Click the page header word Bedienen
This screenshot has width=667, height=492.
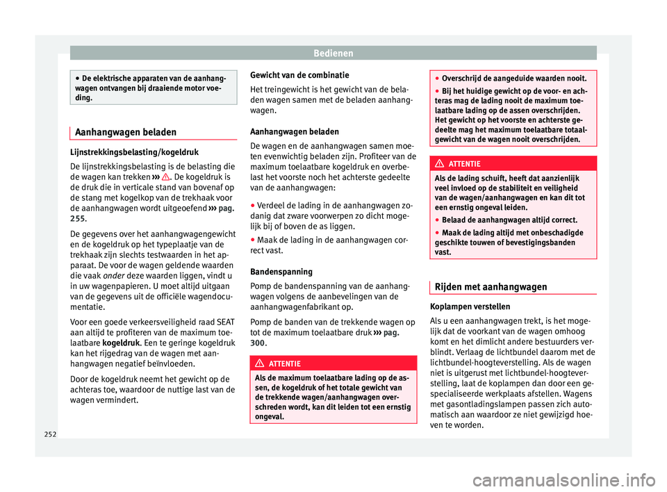[x=333, y=53]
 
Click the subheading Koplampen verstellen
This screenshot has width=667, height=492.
[x=470, y=306]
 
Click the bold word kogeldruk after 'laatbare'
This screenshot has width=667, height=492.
[x=121, y=343]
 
